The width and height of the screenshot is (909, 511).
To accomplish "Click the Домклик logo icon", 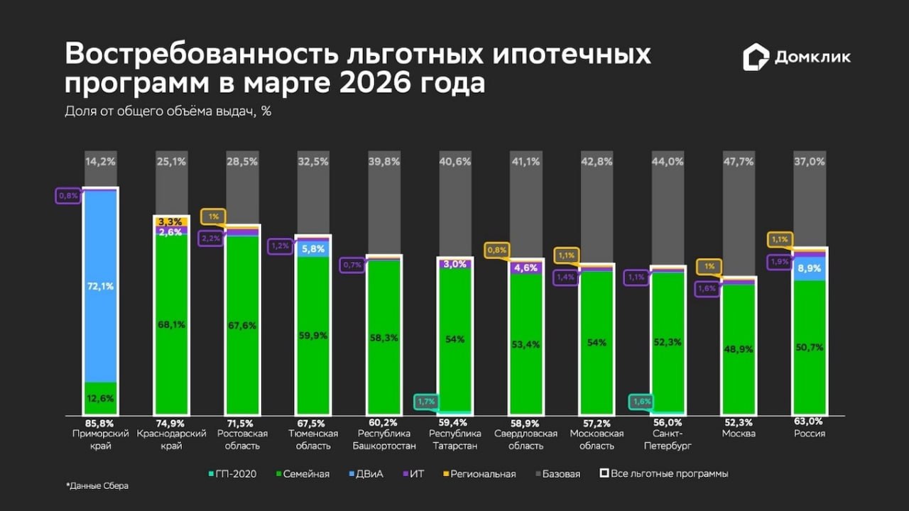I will (x=756, y=57).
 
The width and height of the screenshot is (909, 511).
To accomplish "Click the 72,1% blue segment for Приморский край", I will (x=100, y=286).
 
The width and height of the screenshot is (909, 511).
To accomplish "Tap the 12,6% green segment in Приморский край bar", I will (x=100, y=398).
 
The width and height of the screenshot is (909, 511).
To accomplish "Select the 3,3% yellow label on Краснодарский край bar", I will (x=170, y=221).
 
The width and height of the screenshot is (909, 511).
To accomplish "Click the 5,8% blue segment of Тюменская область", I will (x=313, y=248).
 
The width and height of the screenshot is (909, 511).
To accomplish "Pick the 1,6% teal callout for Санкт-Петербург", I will (x=641, y=402).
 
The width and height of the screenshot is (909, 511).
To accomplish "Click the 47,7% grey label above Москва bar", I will (x=739, y=162).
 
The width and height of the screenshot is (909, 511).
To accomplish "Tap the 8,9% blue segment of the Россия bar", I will (x=810, y=269).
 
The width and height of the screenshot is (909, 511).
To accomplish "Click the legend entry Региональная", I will (x=479, y=473).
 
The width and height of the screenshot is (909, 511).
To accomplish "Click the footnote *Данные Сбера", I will (x=97, y=486).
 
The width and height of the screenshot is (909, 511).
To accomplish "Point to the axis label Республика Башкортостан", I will (x=383, y=439).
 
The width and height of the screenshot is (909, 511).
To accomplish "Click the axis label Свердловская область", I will (x=526, y=439).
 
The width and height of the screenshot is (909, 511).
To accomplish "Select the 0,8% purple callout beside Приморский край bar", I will (x=68, y=196).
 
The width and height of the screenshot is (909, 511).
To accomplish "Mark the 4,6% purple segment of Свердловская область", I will (x=526, y=268).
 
